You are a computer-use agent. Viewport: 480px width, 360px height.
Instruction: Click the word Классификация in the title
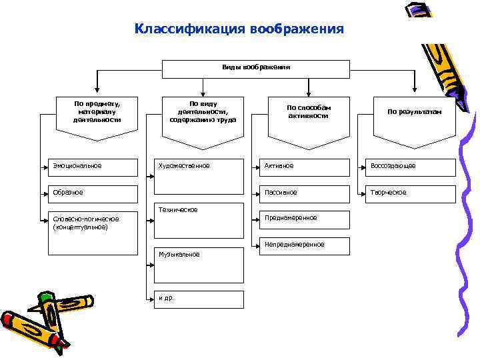click(x=189, y=29)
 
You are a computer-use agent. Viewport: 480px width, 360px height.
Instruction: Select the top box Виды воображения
click(x=256, y=68)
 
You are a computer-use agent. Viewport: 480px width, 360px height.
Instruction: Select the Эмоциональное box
click(x=93, y=167)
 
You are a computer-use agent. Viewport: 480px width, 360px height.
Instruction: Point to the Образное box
click(x=93, y=193)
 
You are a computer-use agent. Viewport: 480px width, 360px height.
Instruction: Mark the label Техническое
click(x=178, y=210)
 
